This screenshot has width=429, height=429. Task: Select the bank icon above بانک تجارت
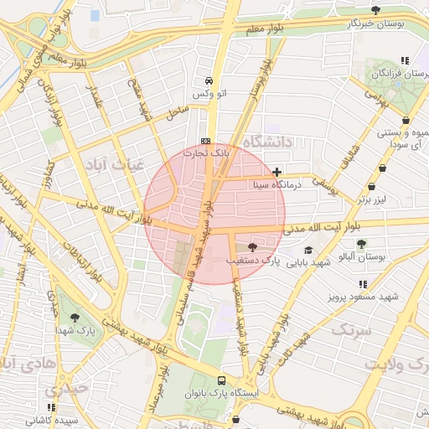(206, 140)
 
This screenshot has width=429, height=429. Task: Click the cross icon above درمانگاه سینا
(277, 172)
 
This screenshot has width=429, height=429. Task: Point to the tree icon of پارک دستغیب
(253, 247)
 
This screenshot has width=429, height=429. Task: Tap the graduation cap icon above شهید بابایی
(308, 250)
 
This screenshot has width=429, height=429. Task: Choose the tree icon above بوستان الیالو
(361, 244)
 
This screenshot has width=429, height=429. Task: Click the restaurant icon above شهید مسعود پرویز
(363, 285)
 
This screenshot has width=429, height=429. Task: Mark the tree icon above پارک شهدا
(75, 318)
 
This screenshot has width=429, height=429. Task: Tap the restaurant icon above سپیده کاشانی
(52, 406)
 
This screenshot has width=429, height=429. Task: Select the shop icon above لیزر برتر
(371, 187)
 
